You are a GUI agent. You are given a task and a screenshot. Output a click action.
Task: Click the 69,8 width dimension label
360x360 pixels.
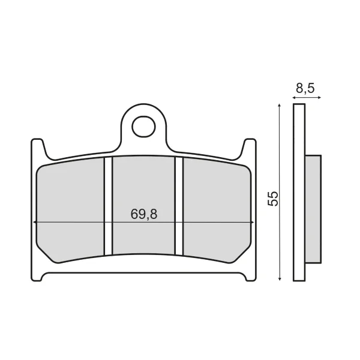click(144, 214)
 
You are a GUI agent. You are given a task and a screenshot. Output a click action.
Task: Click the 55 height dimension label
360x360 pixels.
click(273, 199)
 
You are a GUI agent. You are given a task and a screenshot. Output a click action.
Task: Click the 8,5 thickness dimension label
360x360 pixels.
click(305, 88)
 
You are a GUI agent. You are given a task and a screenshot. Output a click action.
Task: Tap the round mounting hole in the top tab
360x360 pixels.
click(143, 127)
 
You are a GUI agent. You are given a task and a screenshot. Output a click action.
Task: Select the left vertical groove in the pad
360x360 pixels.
click(108, 206)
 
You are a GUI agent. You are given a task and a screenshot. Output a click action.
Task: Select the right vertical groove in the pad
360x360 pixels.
click(179, 206)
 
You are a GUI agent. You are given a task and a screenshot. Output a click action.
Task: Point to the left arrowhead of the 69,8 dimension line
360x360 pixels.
click(34, 222)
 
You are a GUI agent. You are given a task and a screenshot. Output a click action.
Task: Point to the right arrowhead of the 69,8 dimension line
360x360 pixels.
click(253, 222)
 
